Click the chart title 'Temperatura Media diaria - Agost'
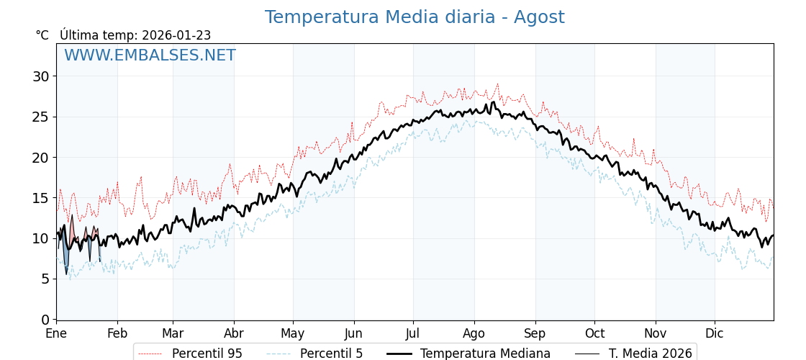pyautogui.click(x=414, y=17)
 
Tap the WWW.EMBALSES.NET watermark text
pyautogui.click(x=150, y=55)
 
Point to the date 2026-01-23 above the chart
pyautogui.click(x=176, y=35)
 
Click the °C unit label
pyautogui.click(x=42, y=35)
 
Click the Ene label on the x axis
pyautogui.click(x=56, y=333)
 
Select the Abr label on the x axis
pyautogui.click(x=234, y=333)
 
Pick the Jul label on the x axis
pyautogui.click(x=413, y=333)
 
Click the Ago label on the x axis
pyautogui.click(x=474, y=333)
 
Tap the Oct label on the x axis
pyautogui.click(x=594, y=333)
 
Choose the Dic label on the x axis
pyautogui.click(x=715, y=333)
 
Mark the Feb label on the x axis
pyautogui.click(x=117, y=333)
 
